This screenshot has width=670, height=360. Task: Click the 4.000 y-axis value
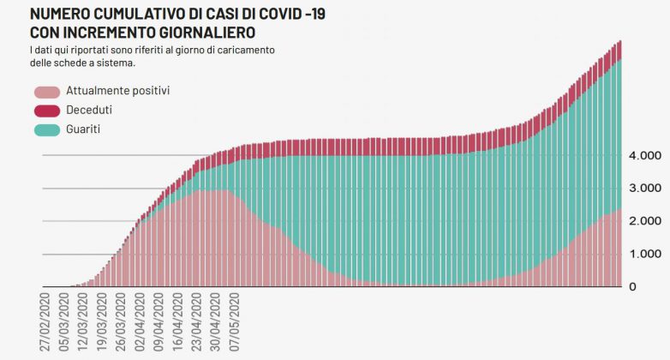644,156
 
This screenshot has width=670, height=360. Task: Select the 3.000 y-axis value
644,189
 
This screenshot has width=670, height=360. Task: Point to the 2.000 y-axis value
644,221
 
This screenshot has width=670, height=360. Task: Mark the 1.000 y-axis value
644,255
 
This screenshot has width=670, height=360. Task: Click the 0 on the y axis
632,287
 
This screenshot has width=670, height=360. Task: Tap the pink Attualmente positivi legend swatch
46,91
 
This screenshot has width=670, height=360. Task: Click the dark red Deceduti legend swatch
46,111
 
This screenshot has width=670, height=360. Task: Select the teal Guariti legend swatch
46,130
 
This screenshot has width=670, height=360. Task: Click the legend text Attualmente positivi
117,90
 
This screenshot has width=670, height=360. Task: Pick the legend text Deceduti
88,110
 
